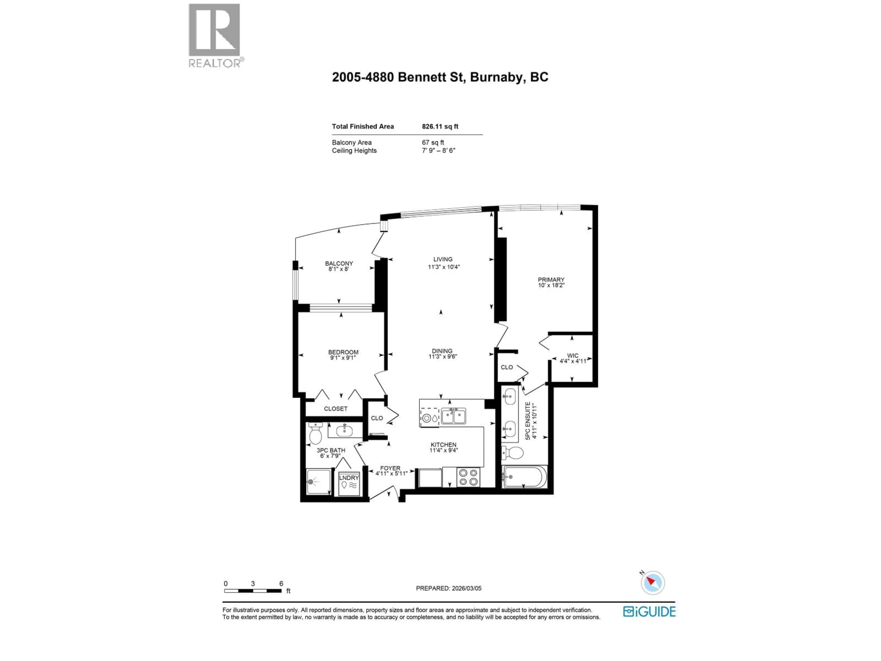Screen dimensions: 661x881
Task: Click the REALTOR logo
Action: (214, 35)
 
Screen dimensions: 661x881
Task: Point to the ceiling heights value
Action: (438, 151)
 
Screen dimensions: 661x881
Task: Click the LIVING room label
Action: (443, 259)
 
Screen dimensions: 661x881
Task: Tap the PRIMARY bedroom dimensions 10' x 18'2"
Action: (551, 285)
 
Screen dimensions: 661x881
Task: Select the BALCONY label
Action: (339, 263)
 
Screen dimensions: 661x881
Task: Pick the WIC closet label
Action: (572, 355)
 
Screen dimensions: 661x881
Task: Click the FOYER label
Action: (390, 468)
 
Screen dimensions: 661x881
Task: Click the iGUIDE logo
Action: (649, 612)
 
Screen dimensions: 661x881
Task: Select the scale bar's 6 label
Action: (281, 583)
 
